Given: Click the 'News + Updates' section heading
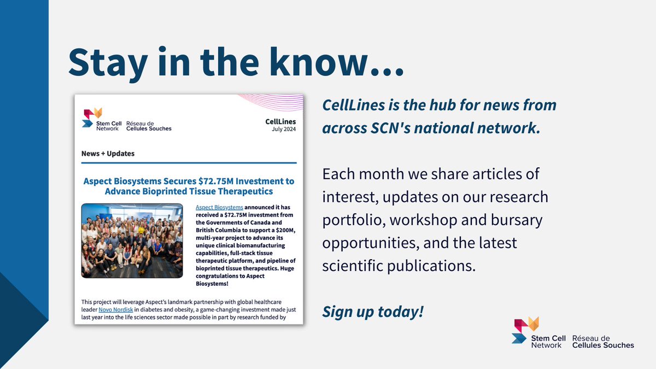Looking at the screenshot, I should (108, 153).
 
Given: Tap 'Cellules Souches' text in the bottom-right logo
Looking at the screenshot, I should (603, 345).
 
